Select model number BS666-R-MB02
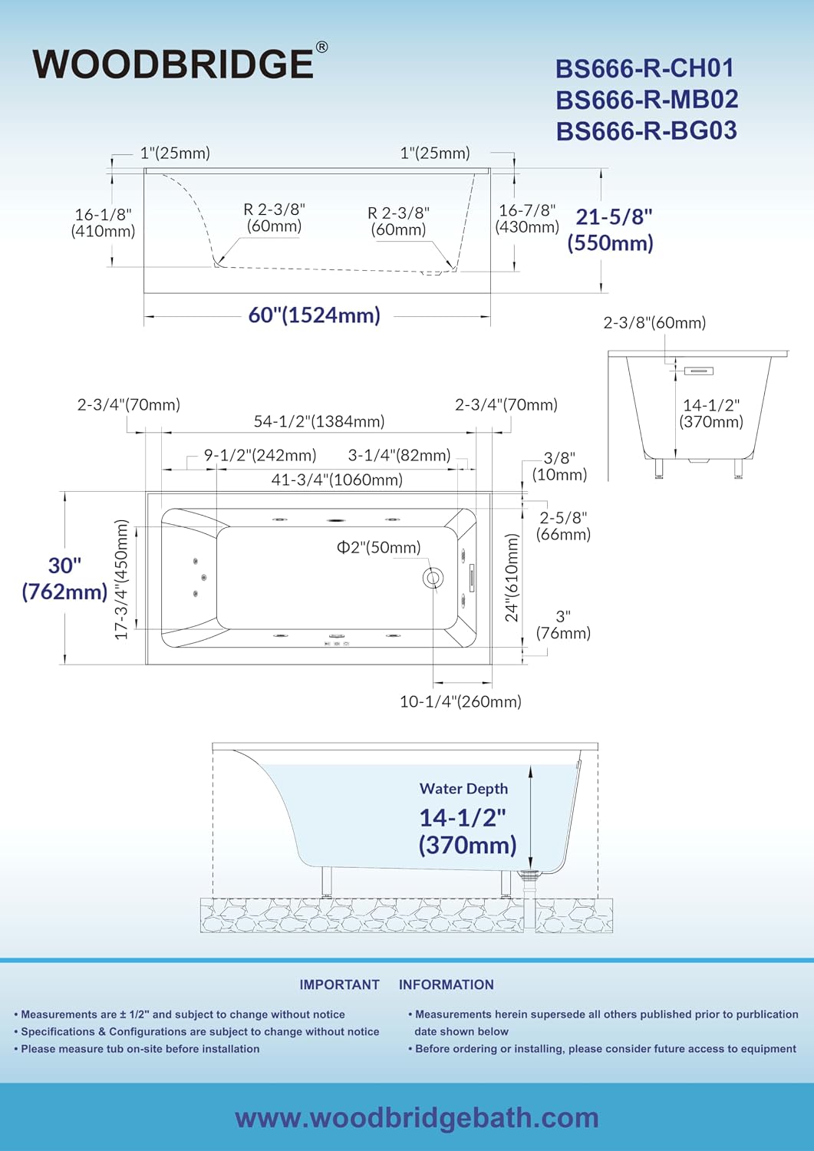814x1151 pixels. coord(647,99)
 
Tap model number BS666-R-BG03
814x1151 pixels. coord(647,130)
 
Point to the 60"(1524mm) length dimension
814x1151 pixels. coord(314,315)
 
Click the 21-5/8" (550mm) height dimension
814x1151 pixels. coord(611,229)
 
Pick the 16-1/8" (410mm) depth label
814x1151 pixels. coord(104,223)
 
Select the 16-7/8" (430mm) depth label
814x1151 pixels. coord(527,218)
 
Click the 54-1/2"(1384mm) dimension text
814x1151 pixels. coord(319,421)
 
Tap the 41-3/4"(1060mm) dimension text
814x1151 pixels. coord(337,480)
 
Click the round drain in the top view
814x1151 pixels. coord(432,578)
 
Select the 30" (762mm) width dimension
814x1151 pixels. coord(64,579)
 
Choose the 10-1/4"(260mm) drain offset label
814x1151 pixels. coord(460,701)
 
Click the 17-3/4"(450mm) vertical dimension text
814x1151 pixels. coord(120,579)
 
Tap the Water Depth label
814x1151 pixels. coord(463,789)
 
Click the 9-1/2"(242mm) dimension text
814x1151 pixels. coord(260,455)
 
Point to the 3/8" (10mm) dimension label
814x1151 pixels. coord(559,466)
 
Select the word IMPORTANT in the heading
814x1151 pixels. coord(340,984)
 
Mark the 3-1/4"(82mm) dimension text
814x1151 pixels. coord(399,455)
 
